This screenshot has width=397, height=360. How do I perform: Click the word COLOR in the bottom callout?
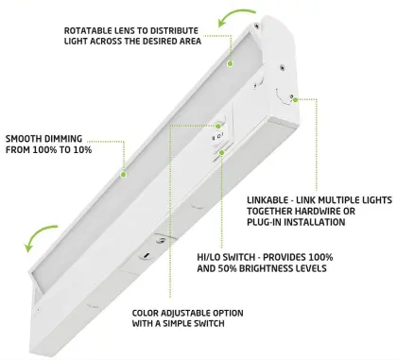click(147, 313)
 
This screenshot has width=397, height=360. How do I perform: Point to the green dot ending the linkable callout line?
click(295, 98)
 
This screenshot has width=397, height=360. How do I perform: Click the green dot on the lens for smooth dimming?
click(123, 173)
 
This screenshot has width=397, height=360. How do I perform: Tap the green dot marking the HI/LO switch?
click(221, 150)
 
